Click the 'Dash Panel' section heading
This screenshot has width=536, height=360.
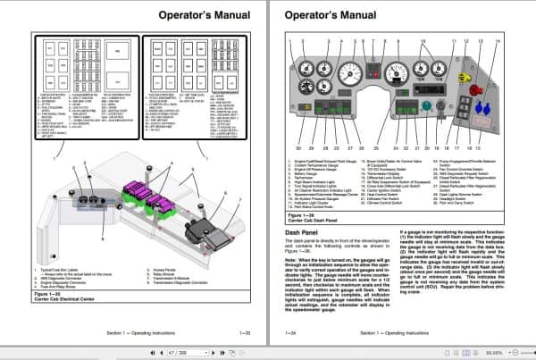[305, 230]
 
